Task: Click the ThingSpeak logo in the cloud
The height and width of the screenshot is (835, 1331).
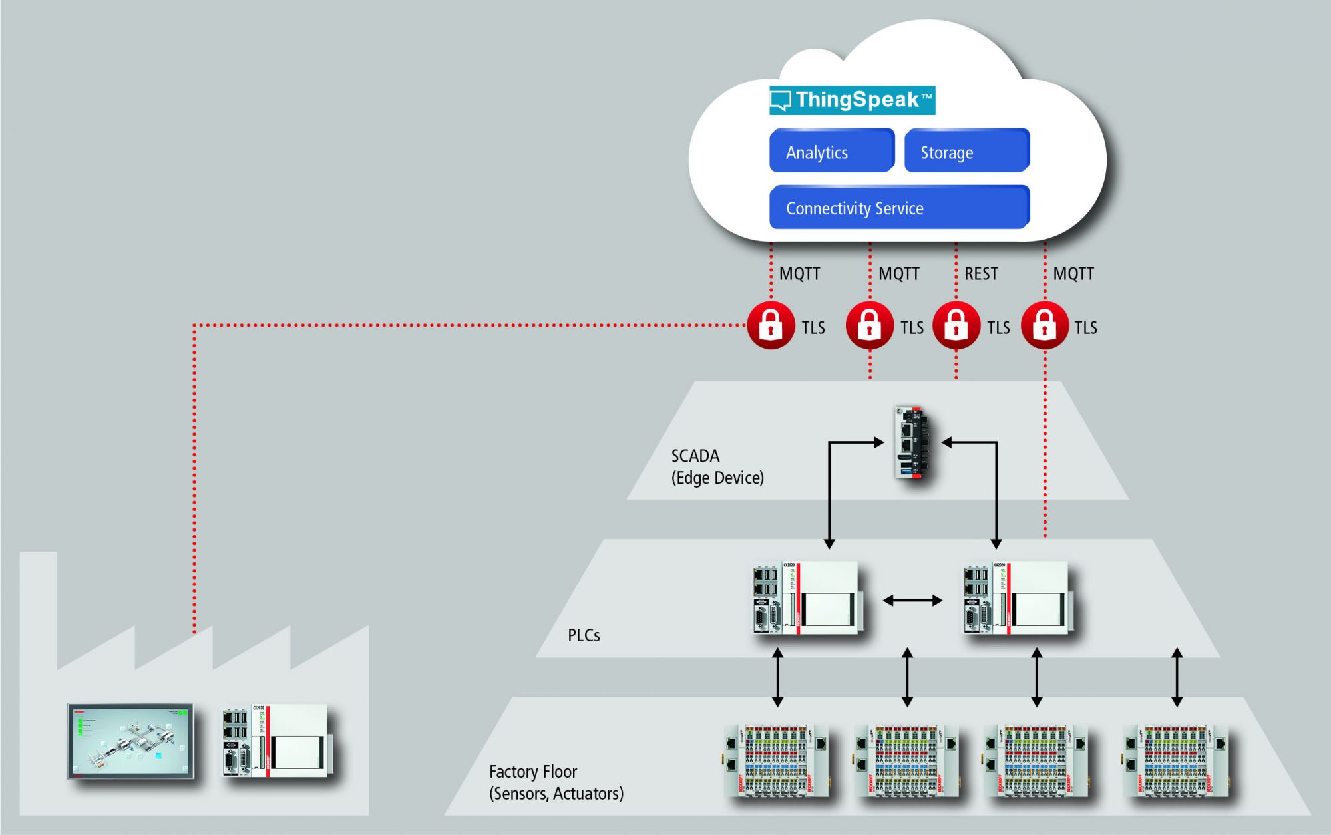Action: (x=852, y=100)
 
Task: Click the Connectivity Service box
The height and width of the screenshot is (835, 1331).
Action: (x=899, y=208)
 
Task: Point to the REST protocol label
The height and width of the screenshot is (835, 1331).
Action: (x=981, y=274)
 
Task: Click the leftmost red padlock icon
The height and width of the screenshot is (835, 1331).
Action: (x=771, y=325)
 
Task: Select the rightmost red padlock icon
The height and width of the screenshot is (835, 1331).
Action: (x=1044, y=325)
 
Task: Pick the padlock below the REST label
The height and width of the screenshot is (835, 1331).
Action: (x=956, y=325)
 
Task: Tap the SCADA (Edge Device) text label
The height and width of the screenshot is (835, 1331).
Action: (x=717, y=467)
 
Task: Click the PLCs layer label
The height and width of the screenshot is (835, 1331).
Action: (x=584, y=636)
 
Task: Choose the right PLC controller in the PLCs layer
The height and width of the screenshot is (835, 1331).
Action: (x=1018, y=598)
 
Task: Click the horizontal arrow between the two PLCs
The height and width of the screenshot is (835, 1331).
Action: (x=912, y=601)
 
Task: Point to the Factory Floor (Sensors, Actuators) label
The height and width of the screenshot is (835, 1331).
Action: (x=556, y=782)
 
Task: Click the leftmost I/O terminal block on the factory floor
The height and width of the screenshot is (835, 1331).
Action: (x=776, y=761)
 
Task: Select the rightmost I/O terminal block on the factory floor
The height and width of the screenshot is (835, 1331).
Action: (x=1176, y=761)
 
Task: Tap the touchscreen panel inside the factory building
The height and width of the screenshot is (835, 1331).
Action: (x=130, y=741)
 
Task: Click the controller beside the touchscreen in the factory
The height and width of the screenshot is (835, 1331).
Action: (x=275, y=741)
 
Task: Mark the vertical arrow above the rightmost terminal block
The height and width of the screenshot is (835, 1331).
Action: (x=1177, y=677)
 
